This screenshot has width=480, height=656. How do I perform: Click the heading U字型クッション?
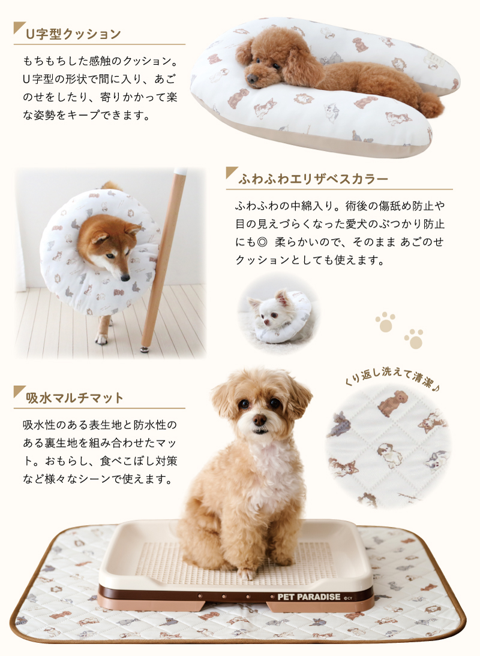(73, 34)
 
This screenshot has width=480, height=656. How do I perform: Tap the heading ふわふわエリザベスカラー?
(313, 179)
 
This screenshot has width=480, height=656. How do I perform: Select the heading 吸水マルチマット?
(74, 397)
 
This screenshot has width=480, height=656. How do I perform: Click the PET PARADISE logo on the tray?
(308, 597)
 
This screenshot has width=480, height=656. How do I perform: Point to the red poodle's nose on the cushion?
(252, 78)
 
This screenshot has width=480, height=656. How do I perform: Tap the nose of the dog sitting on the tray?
(260, 419)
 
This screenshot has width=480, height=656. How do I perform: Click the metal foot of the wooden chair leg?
(145, 349)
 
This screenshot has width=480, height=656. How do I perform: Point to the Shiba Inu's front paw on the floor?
(101, 338)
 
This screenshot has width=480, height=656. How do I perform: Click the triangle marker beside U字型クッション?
(20, 28)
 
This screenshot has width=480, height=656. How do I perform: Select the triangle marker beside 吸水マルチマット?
(20, 392)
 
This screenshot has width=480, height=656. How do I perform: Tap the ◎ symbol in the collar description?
(263, 242)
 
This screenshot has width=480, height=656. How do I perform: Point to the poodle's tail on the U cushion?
(431, 105)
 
